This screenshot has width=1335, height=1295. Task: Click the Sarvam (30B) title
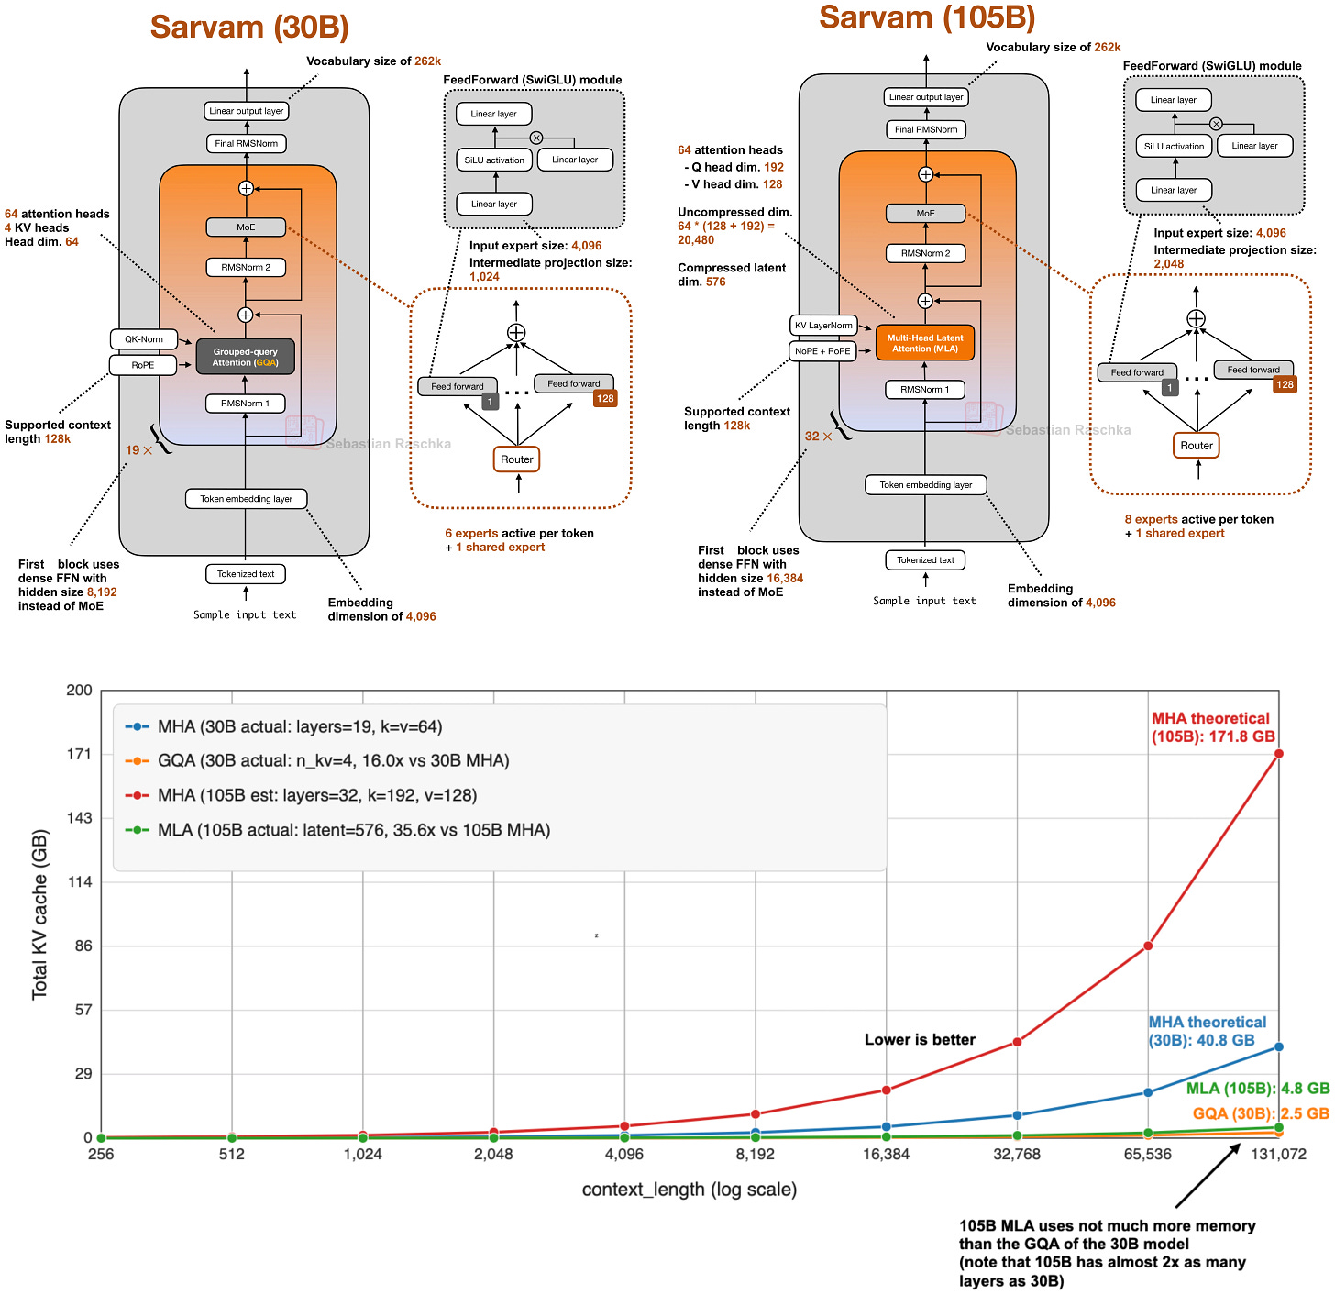coord(249,28)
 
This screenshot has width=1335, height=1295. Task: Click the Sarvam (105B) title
coord(927,17)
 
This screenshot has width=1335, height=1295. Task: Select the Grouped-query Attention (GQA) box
coord(245,357)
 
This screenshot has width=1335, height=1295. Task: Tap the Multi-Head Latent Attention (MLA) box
coord(924,343)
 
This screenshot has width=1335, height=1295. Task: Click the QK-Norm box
coord(144,339)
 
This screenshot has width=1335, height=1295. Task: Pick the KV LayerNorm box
coord(823,326)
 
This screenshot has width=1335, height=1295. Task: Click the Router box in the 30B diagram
coord(517,459)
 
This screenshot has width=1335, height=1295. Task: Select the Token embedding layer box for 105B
coord(925,485)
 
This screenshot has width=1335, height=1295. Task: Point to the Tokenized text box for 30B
coord(246,574)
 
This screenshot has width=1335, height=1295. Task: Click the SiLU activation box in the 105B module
coord(1174,146)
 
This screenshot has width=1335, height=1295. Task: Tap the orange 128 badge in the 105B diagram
coord(1285,385)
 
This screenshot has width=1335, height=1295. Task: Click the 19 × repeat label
coord(138,450)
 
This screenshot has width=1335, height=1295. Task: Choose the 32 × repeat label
coord(818,437)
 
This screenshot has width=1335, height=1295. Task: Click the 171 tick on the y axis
coord(80,754)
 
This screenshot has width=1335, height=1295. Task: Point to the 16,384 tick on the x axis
coord(886,1155)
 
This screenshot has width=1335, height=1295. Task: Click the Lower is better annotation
coord(920,1040)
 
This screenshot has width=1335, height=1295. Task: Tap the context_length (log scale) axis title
coord(689,1190)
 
